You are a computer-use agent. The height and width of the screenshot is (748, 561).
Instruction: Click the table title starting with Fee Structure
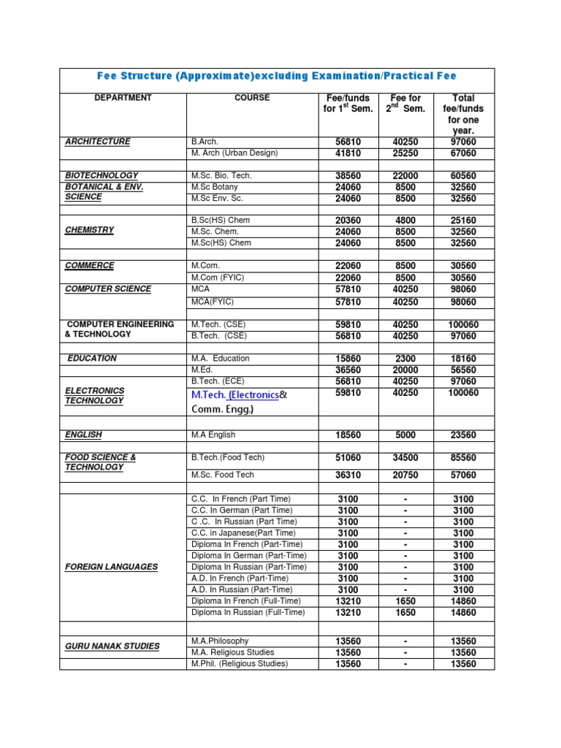[277, 76]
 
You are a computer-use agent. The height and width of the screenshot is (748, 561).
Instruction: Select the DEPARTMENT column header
[123, 98]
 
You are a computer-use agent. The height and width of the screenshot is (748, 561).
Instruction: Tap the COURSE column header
[252, 98]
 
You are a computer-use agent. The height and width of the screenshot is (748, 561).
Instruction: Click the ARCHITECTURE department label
[98, 142]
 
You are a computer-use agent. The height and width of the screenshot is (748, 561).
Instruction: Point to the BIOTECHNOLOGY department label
[102, 176]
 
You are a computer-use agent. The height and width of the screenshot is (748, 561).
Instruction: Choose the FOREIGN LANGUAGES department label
[111, 567]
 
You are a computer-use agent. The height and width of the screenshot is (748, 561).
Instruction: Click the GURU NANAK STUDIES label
[112, 646]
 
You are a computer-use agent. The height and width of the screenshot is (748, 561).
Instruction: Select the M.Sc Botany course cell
[215, 187]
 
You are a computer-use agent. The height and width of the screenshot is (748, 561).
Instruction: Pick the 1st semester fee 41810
[348, 153]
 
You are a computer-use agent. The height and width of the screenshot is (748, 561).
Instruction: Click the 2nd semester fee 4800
[405, 220]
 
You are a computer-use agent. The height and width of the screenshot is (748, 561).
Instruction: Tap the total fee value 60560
[463, 176]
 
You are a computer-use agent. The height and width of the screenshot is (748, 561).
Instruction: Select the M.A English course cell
[213, 435]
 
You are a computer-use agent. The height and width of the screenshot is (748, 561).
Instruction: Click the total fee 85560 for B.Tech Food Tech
[463, 458]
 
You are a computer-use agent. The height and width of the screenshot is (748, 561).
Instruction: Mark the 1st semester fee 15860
[348, 359]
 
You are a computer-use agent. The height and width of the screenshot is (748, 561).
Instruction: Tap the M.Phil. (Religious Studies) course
[240, 664]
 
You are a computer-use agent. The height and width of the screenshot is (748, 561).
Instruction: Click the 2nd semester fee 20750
[405, 475]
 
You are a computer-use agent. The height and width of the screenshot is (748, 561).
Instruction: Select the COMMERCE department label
[90, 266]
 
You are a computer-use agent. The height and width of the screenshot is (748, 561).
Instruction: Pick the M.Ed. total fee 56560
[463, 370]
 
